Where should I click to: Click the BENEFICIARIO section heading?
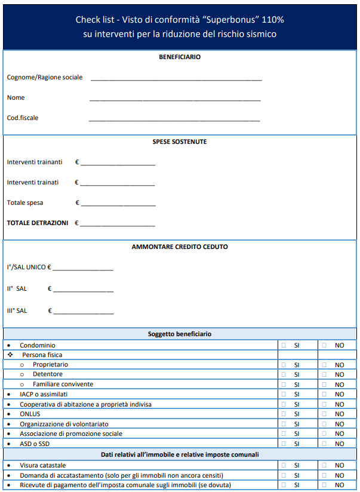click(x=180, y=57)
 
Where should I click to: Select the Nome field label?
click(x=16, y=97)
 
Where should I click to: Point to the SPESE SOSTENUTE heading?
click(x=180, y=142)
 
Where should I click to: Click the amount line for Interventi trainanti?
click(x=118, y=164)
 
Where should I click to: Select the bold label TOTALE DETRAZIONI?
click(x=38, y=223)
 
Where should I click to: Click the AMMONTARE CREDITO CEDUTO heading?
click(x=180, y=247)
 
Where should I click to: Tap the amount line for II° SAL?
click(x=83, y=291)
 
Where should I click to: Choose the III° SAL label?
click(x=17, y=310)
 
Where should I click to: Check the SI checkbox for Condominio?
click(x=284, y=345)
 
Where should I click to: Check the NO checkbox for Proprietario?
click(x=324, y=365)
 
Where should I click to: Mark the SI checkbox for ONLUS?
click(x=284, y=414)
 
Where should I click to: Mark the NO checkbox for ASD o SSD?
click(x=324, y=444)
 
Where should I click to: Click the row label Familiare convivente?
click(x=63, y=384)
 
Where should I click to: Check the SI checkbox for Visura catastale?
click(x=284, y=465)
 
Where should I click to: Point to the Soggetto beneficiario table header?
click(x=180, y=334)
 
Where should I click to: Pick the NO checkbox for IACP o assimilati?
click(x=324, y=394)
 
